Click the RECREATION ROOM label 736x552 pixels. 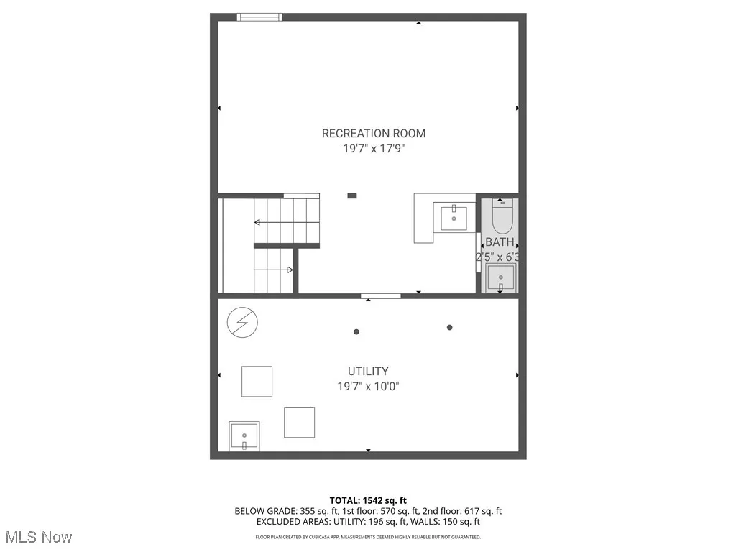pyautogui.click(x=373, y=133)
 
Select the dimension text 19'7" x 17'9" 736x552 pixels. pyautogui.click(x=373, y=149)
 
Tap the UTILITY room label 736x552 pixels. pyautogui.click(x=368, y=371)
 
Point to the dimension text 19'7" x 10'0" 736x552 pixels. pyautogui.click(x=368, y=387)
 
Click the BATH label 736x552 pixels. pyautogui.click(x=500, y=242)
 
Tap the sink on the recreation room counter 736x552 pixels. pyautogui.click(x=454, y=218)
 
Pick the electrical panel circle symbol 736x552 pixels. pyautogui.click(x=240, y=323)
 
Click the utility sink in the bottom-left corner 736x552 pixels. pyautogui.click(x=244, y=436)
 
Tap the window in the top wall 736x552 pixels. pyautogui.click(x=260, y=17)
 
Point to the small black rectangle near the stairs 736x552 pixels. pyautogui.click(x=351, y=195)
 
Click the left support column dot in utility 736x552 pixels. pyautogui.click(x=356, y=331)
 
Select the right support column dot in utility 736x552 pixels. pyautogui.click(x=450, y=327)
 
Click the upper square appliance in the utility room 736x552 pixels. pyautogui.click(x=257, y=381)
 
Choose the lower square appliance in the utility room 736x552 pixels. pyautogui.click(x=299, y=422)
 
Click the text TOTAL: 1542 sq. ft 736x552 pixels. pyautogui.click(x=368, y=500)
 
